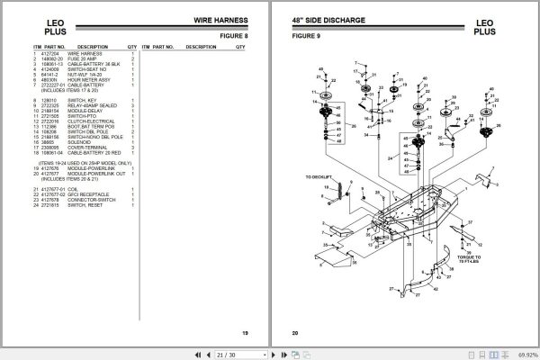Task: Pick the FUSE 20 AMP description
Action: point(94,58)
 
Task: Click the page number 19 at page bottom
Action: point(245,334)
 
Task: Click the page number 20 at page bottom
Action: point(294,334)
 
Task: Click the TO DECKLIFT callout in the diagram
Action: point(319,178)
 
